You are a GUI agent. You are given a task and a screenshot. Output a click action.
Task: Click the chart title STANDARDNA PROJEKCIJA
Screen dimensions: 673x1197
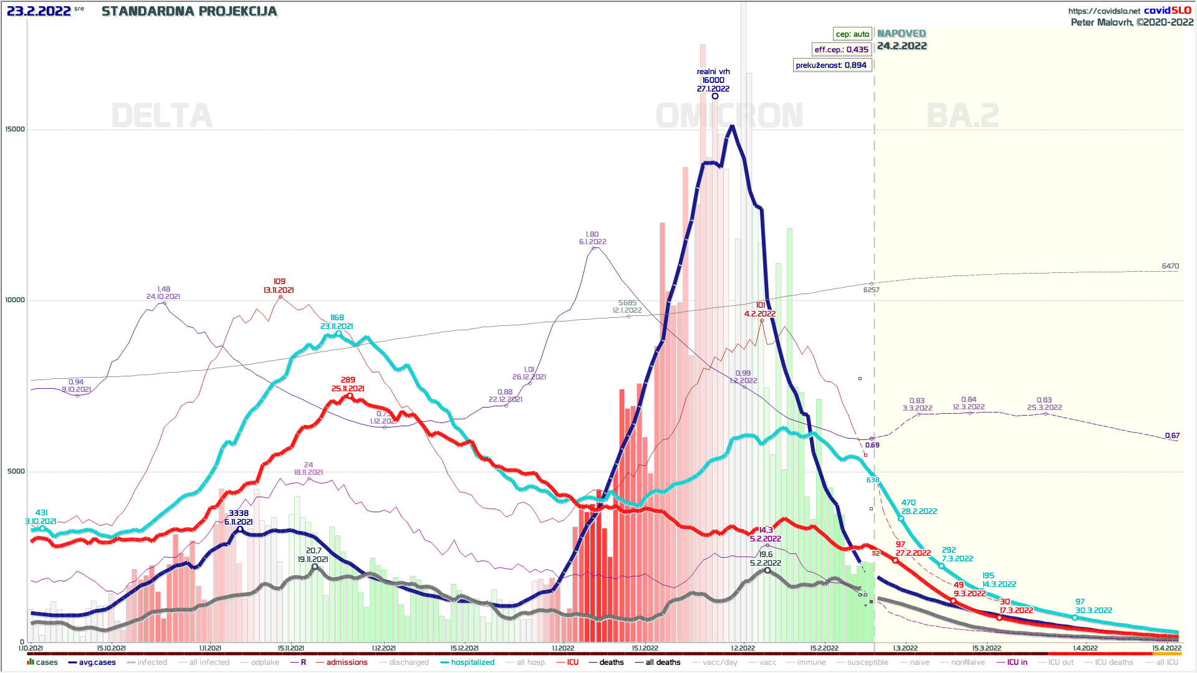(x=189, y=11)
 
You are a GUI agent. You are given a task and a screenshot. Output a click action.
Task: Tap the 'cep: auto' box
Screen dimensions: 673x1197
(x=852, y=34)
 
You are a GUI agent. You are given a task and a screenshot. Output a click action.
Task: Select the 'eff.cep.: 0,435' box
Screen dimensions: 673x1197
(x=841, y=50)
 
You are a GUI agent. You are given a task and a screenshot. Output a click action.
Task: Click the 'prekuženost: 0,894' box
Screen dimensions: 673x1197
(x=831, y=65)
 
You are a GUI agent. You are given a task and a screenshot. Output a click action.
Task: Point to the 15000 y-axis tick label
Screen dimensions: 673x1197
(x=15, y=130)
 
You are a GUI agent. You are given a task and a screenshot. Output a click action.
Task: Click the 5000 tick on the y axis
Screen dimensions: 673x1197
(x=16, y=472)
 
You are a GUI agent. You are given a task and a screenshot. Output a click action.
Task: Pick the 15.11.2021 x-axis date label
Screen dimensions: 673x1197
(x=291, y=649)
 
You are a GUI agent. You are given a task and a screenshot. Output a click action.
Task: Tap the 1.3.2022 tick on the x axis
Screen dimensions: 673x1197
(x=905, y=649)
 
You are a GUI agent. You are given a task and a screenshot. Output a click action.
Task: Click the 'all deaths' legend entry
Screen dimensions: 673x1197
(x=663, y=662)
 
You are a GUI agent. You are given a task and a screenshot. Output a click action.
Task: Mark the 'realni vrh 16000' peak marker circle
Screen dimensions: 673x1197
(x=715, y=96)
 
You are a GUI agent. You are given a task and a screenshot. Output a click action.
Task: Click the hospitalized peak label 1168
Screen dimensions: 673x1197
(x=337, y=318)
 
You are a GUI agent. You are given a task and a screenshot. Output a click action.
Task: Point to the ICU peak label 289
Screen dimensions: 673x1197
(x=348, y=380)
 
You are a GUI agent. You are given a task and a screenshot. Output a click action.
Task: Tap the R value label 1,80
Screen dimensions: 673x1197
(x=592, y=234)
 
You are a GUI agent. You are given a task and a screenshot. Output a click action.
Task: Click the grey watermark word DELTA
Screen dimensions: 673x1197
(x=161, y=116)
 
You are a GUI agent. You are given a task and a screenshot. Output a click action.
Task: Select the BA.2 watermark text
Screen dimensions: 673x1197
(x=963, y=116)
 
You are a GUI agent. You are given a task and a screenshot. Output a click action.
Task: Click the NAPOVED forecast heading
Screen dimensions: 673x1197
(x=901, y=34)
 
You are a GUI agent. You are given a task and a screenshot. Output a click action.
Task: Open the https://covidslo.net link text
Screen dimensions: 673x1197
(x=1103, y=11)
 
